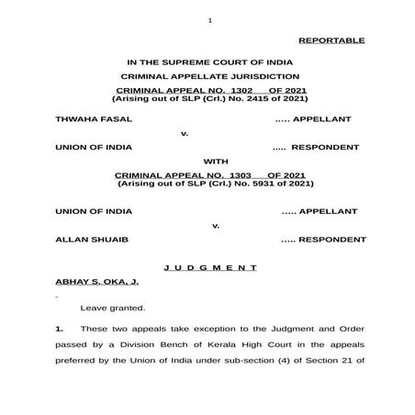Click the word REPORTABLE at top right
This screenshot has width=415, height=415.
331,40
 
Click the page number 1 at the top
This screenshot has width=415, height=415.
210,20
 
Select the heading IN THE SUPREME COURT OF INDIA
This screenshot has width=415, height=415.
209,61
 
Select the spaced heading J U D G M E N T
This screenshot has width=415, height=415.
209,267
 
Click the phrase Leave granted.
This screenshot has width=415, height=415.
111,308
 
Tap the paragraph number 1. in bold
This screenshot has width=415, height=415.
60,328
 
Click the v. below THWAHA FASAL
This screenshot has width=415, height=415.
184,133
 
